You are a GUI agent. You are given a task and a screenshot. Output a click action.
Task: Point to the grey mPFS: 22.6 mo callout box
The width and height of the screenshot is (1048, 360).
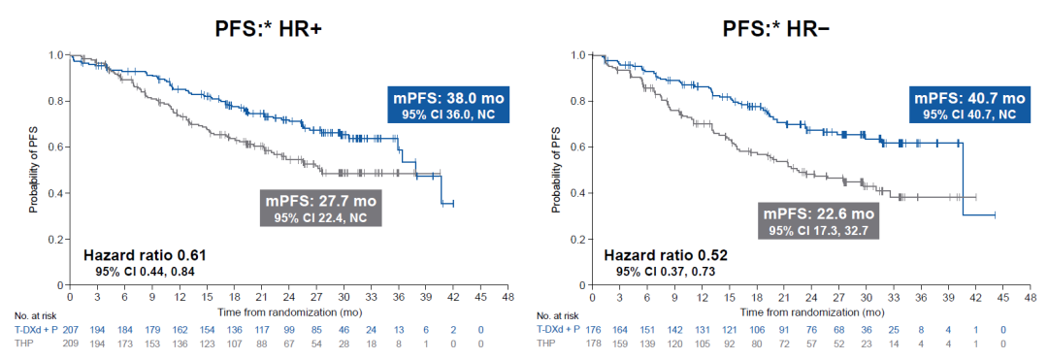[817, 220]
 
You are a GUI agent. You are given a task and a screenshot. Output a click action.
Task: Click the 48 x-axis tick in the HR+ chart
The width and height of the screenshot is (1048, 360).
[508, 297]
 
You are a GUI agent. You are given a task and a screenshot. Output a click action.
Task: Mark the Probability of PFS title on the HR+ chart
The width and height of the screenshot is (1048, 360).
[32, 170]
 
